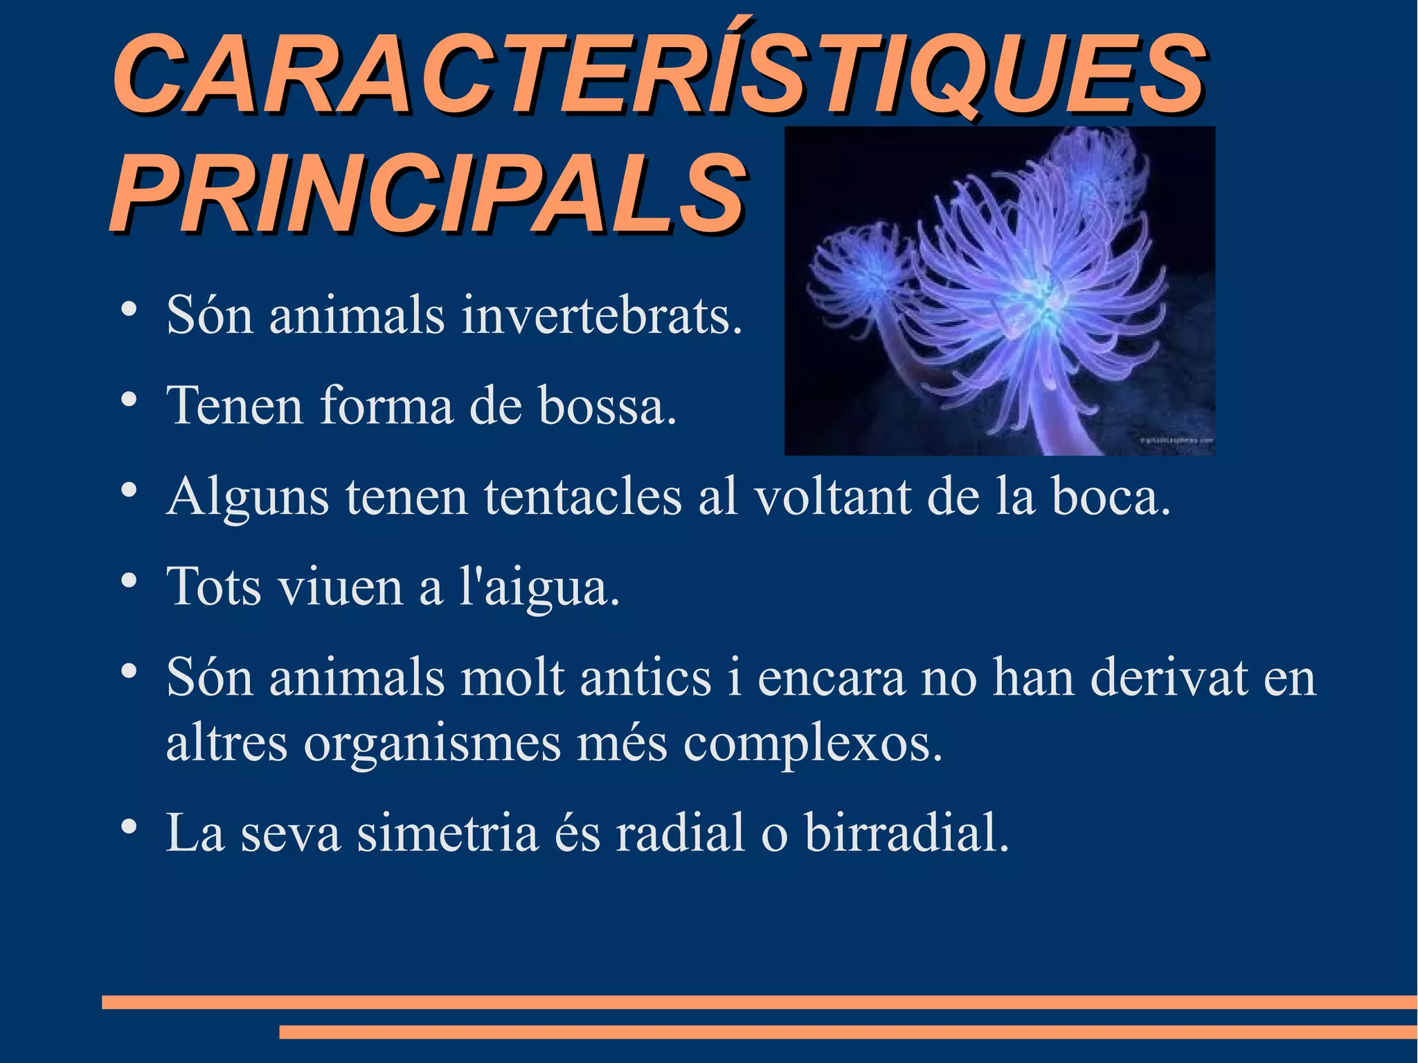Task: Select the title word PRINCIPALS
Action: (428, 194)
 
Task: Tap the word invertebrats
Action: (601, 316)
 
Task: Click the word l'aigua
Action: (539, 587)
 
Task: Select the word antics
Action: (645, 677)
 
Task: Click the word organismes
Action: (432, 745)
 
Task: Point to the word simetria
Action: (447, 832)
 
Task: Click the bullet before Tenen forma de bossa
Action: (127, 400)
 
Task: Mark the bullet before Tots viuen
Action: (127, 581)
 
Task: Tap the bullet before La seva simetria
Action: (127, 827)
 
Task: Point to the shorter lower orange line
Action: (848, 1032)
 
